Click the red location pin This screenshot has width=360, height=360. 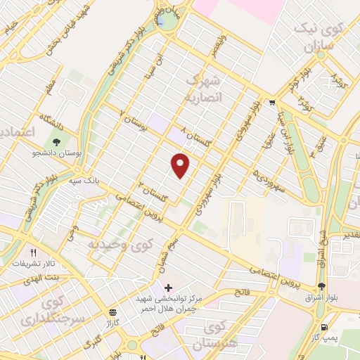(181, 166)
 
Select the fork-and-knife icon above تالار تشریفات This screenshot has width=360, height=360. (32, 252)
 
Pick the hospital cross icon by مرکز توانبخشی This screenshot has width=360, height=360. (167, 288)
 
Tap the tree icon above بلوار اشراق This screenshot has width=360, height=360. (321, 286)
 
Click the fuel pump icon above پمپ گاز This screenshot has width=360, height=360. (323, 327)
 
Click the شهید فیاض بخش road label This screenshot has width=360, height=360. (75, 21)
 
